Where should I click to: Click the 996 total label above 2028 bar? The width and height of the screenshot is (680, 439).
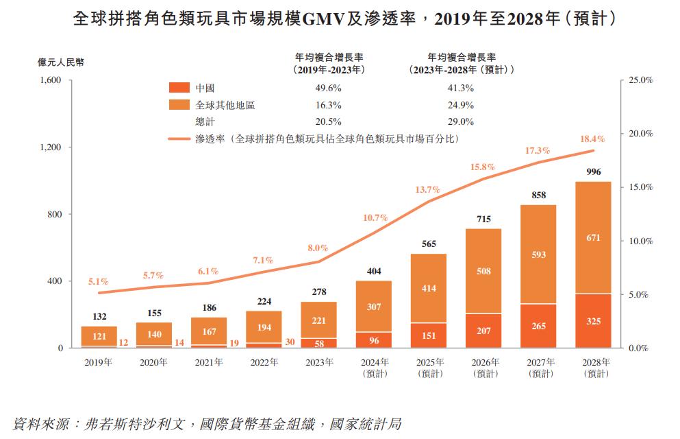pyautogui.click(x=594, y=171)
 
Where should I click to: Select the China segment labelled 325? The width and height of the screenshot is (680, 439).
pyautogui.click(x=594, y=320)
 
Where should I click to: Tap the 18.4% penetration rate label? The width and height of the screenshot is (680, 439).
pyautogui.click(x=593, y=139)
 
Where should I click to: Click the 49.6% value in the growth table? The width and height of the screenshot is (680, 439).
pyautogui.click(x=328, y=88)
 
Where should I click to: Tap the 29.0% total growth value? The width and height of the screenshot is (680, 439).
pyautogui.click(x=460, y=121)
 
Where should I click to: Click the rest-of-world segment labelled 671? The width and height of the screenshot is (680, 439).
pyautogui.click(x=594, y=237)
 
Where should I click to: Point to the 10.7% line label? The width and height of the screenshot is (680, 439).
pyautogui.click(x=375, y=217)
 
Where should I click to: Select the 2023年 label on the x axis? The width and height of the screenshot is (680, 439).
pyautogui.click(x=319, y=361)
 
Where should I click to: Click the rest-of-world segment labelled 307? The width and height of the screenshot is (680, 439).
pyautogui.click(x=374, y=307)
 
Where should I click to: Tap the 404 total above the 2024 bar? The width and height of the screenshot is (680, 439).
pyautogui.click(x=374, y=272)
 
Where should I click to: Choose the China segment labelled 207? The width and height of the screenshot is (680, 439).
pyautogui.click(x=483, y=331)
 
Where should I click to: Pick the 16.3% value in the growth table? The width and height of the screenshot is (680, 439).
pyautogui.click(x=328, y=105)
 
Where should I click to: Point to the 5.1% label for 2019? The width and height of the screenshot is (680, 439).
pyautogui.click(x=99, y=281)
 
